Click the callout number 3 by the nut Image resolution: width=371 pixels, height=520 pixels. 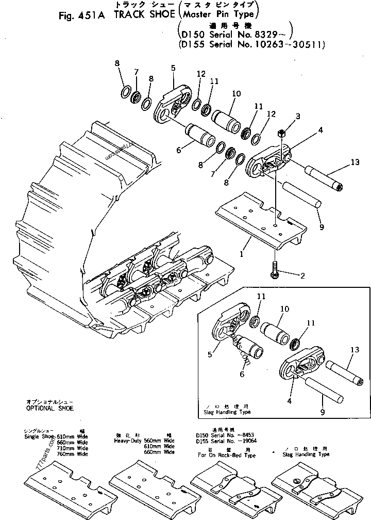298,117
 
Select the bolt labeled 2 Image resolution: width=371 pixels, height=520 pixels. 273,271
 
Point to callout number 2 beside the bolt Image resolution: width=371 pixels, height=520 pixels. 302,275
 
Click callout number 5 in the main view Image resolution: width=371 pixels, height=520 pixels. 173,68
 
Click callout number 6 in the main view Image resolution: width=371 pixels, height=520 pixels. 178,150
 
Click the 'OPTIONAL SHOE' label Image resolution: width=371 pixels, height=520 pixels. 50,408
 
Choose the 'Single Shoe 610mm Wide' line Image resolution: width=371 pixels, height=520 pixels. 55,436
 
